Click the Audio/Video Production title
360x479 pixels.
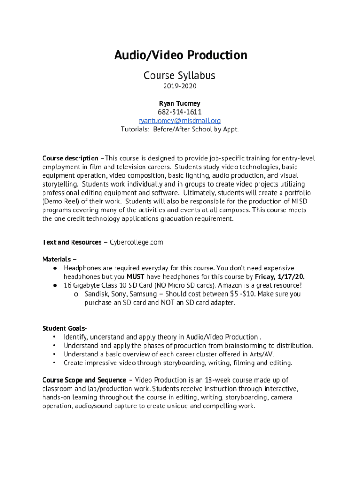tap(180, 56)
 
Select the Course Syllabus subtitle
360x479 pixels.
tap(180, 75)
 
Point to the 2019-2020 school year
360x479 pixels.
tap(180, 87)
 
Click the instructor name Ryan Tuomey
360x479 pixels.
tap(180, 103)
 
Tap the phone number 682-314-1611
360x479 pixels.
tap(180, 112)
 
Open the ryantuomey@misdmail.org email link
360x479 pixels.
tap(180, 121)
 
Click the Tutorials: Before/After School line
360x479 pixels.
tap(180, 129)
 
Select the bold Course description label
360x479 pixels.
tap(70, 158)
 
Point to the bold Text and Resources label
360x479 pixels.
tap(72, 242)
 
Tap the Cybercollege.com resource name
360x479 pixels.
tap(137, 242)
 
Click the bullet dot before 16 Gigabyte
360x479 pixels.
tap(55, 285)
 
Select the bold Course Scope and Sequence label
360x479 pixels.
tap(84, 380)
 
